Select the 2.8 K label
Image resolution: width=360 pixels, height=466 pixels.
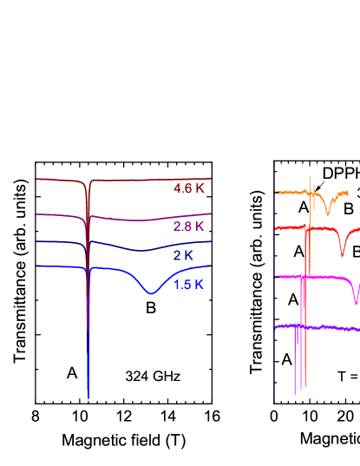coord(188,226)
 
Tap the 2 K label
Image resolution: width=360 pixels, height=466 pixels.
coord(182,255)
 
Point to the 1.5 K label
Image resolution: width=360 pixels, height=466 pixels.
coord(189,285)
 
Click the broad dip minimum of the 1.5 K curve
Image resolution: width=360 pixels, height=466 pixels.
coord(150,294)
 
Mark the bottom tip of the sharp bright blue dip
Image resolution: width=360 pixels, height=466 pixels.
coord(88,397)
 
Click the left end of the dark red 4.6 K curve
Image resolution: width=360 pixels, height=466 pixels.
coord(36,180)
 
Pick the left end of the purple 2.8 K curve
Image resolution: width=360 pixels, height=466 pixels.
coord(36,213)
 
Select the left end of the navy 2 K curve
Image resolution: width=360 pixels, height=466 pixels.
coord(36,241)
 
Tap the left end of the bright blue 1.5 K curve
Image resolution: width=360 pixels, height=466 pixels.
coord(36,266)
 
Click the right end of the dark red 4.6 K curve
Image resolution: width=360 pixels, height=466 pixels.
coord(211,178)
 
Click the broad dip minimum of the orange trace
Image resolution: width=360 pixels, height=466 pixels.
coord(328,213)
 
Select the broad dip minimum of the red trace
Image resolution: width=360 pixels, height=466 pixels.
coord(343,256)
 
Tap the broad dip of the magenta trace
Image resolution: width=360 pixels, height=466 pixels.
coord(357,304)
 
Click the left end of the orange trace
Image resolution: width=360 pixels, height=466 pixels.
coord(276,193)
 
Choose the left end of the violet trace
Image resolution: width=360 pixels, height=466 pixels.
coord(276,327)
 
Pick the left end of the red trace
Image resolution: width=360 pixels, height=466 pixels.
coord(276,227)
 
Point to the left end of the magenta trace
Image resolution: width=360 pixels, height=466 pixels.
coord(276,278)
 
